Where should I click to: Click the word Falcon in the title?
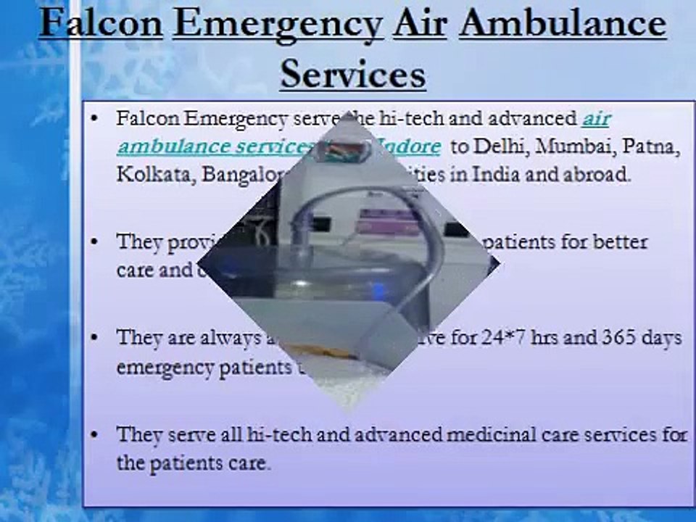coord(100,23)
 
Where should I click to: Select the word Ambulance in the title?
coord(563,23)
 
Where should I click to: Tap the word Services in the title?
coord(352,72)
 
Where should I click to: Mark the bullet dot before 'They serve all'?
coord(95,435)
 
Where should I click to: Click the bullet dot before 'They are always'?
coord(95,339)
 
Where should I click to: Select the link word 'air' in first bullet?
coord(595,118)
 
